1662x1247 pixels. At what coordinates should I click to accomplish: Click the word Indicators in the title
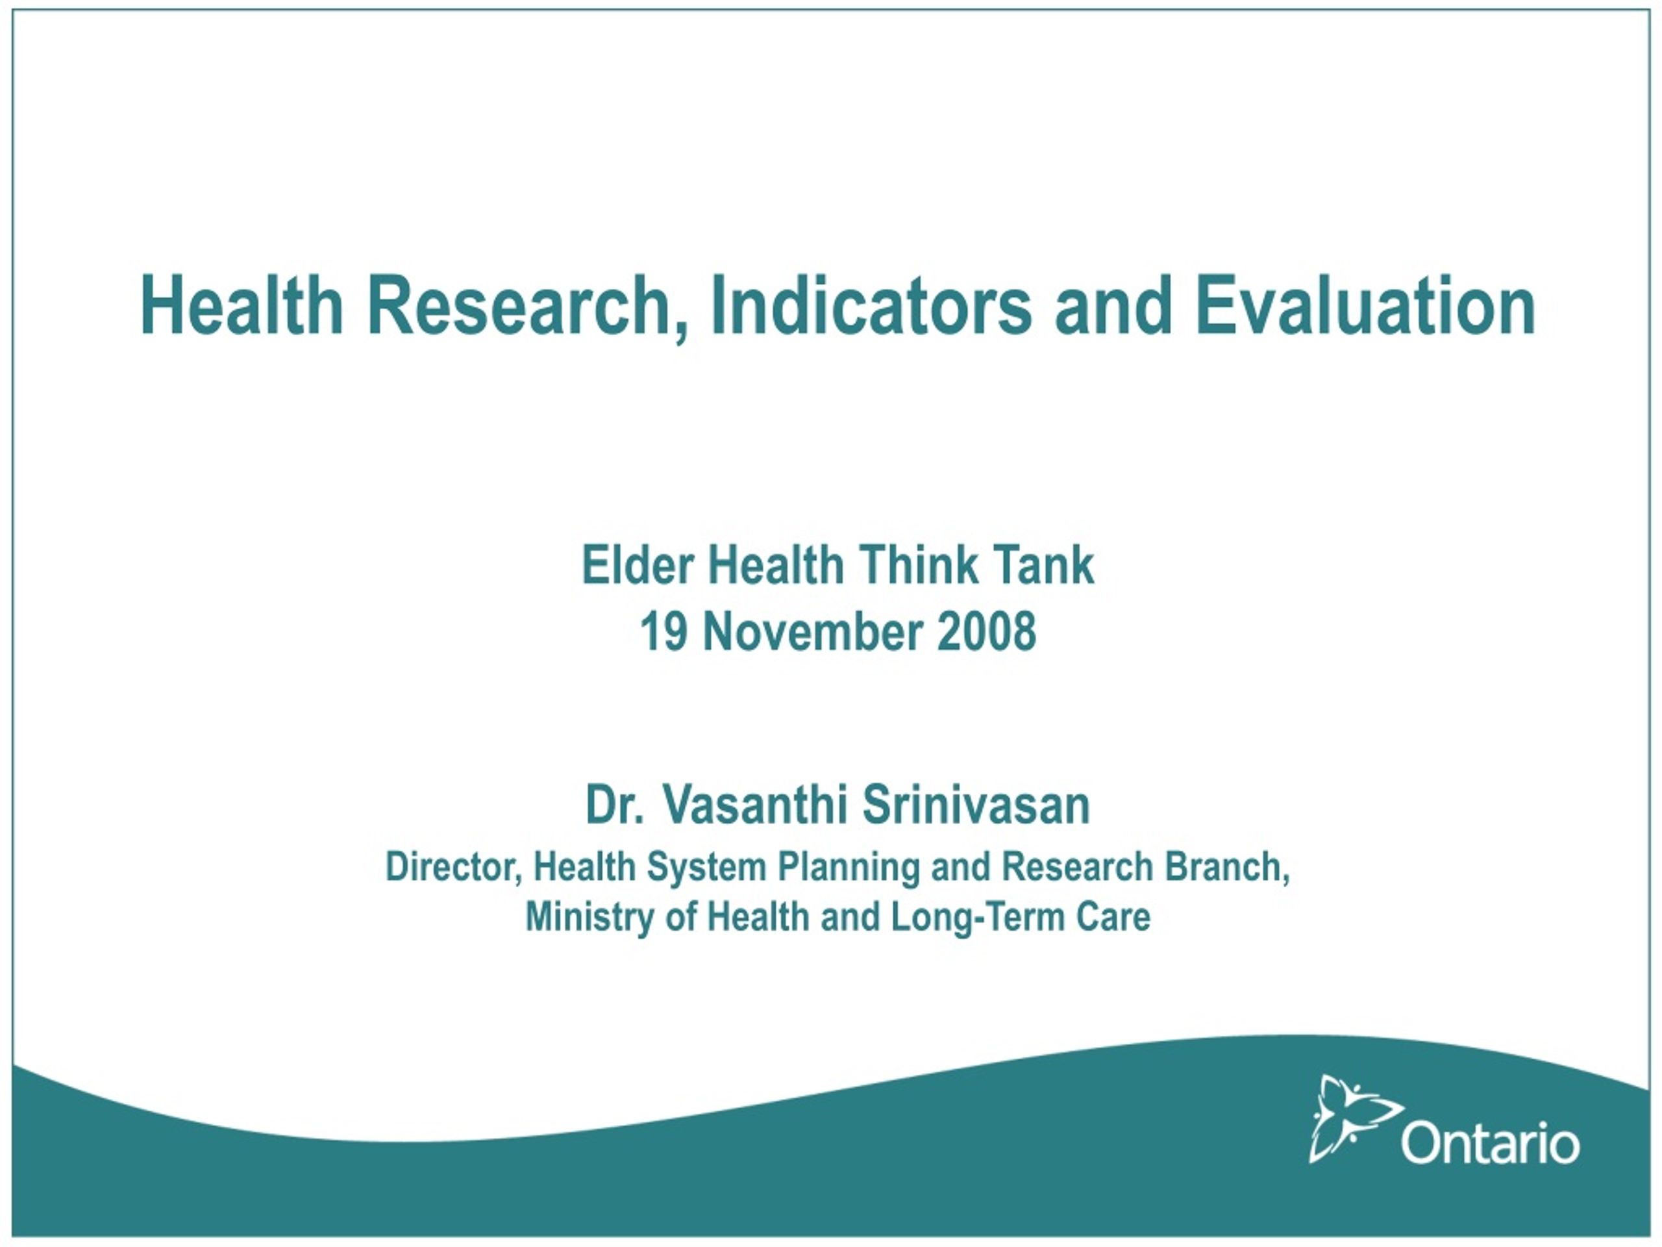pyautogui.click(x=871, y=305)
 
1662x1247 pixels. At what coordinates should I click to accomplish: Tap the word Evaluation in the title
pyautogui.click(x=1365, y=305)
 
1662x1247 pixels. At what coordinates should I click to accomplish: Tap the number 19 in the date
pyautogui.click(x=664, y=631)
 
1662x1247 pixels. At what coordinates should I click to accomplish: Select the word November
pyautogui.click(x=812, y=631)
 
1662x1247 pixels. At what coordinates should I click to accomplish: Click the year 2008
pyautogui.click(x=987, y=631)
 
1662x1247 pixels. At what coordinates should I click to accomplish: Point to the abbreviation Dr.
pyautogui.click(x=614, y=804)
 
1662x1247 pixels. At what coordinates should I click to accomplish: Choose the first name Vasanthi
pyautogui.click(x=754, y=804)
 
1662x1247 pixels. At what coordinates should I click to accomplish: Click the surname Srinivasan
pyautogui.click(x=975, y=804)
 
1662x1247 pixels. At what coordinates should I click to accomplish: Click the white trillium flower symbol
pyautogui.click(x=1352, y=1118)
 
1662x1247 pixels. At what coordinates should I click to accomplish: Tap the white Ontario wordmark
pyautogui.click(x=1490, y=1143)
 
